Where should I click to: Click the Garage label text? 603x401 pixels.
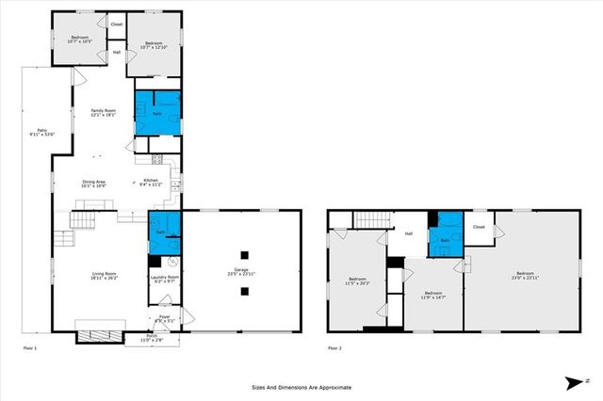(x=242, y=272)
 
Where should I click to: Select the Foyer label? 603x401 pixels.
(x=163, y=318)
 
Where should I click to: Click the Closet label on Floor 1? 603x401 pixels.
(x=117, y=24)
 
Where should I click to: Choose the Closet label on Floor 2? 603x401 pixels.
(x=479, y=227)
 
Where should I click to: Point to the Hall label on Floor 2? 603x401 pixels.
(x=409, y=233)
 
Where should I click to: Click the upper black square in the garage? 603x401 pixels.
(x=244, y=254)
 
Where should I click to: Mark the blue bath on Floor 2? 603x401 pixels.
(x=445, y=237)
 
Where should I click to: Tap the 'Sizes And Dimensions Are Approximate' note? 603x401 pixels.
(x=301, y=387)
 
